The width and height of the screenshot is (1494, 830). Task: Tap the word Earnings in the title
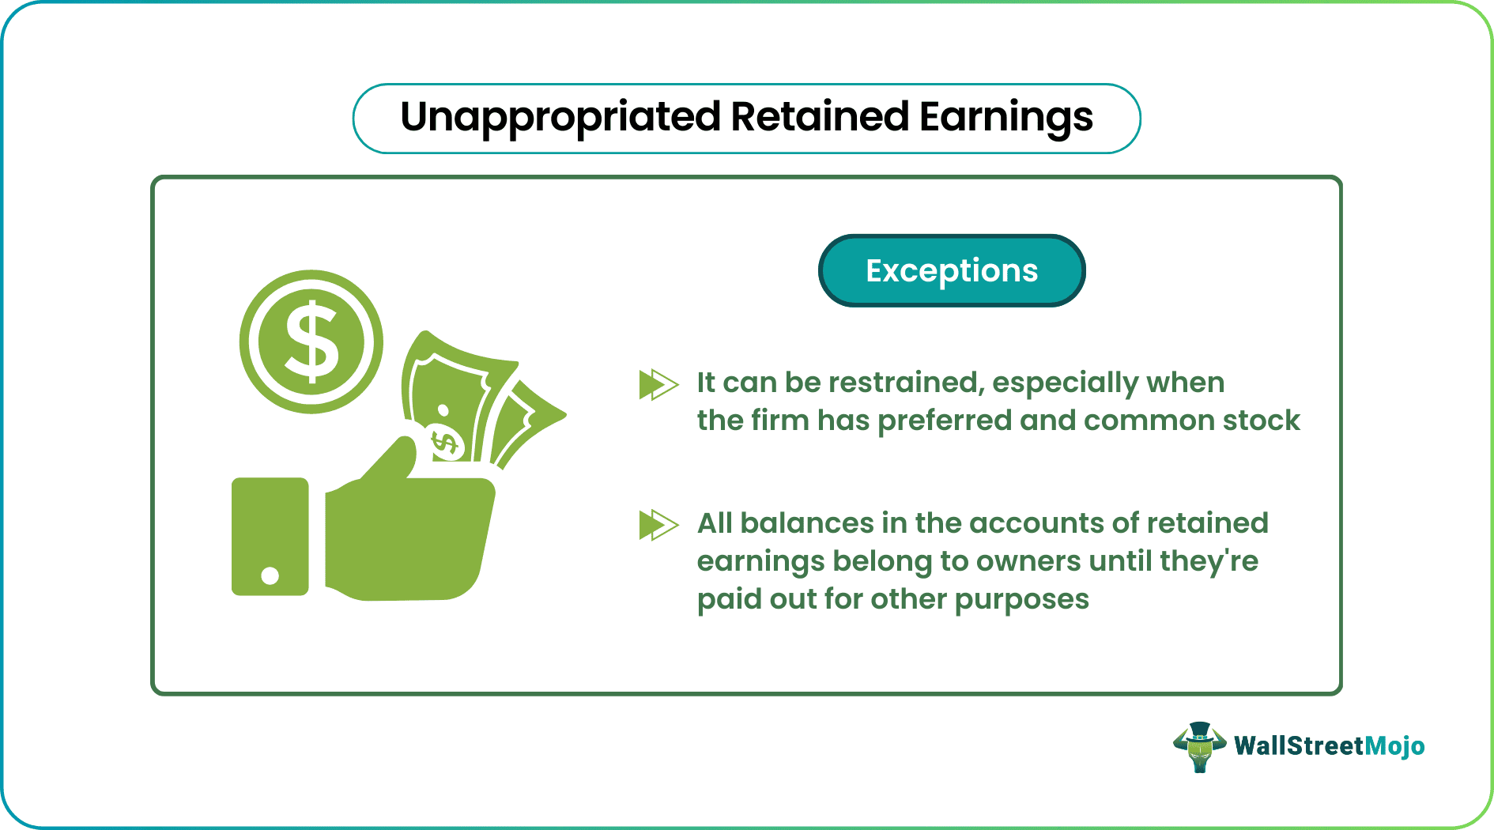pyautogui.click(x=1005, y=118)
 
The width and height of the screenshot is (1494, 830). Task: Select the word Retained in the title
pyautogui.click(x=820, y=116)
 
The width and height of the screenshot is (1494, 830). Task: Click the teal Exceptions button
pyautogui.click(x=952, y=270)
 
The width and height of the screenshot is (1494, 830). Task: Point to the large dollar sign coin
pyautogui.click(x=311, y=341)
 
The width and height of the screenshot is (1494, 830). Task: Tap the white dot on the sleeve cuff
pyautogui.click(x=270, y=575)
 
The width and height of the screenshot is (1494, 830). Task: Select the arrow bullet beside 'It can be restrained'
pyautogui.click(x=658, y=385)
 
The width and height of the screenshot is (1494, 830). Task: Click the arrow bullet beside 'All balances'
pyautogui.click(x=658, y=525)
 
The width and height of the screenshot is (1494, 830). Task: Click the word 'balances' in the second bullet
pyautogui.click(x=807, y=523)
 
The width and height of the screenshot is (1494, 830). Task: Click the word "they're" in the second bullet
pyautogui.click(x=1209, y=561)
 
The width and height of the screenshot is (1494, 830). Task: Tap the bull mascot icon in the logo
pyautogui.click(x=1199, y=746)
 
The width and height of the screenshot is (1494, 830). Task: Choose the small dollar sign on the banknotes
pyautogui.click(x=446, y=443)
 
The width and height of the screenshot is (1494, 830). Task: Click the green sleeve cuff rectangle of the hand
pyautogui.click(x=270, y=536)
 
